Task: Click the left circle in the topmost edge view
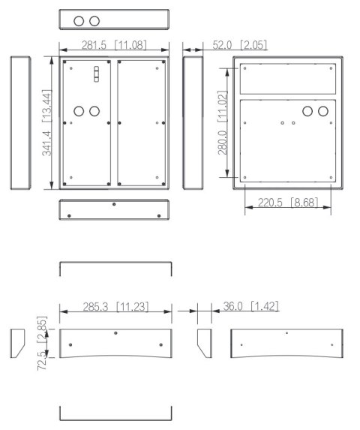tap(79, 20)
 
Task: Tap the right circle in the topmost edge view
tap(94, 20)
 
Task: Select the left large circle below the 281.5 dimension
tap(78, 111)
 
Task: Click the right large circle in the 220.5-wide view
tap(323, 111)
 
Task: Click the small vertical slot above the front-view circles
tap(95, 74)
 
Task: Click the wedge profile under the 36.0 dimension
tap(203, 343)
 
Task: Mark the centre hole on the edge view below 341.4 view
tap(113, 203)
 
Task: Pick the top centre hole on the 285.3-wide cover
tap(115, 332)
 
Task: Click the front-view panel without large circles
tap(142, 122)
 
